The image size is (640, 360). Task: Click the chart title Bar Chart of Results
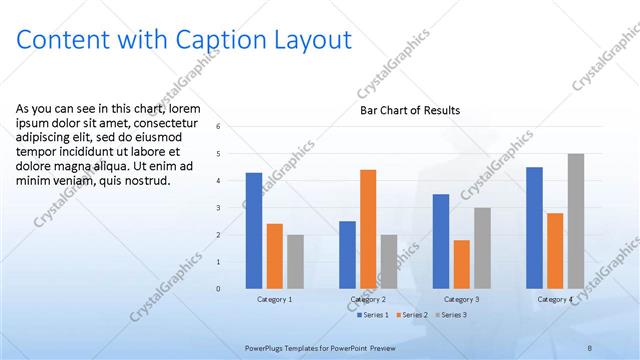coord(410,111)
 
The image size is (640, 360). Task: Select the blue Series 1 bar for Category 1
coord(254,230)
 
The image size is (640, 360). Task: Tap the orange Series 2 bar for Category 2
coord(368,229)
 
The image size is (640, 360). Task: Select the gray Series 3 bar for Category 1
coord(295,261)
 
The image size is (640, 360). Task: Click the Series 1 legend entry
coord(375,315)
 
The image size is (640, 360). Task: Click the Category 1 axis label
coord(275,299)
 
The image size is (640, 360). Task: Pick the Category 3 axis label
coord(461,299)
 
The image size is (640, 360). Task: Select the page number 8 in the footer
coord(591,345)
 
